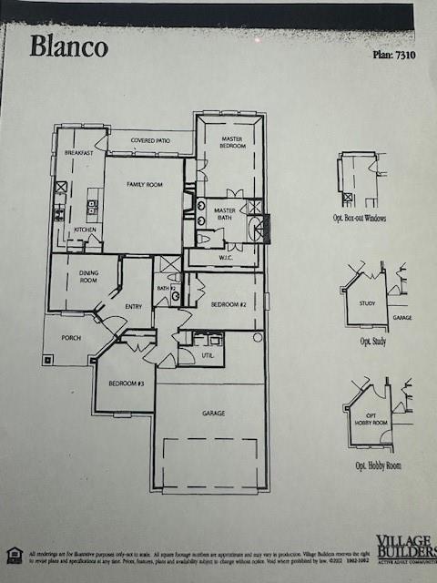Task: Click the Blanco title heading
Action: (68, 46)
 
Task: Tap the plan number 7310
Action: (394, 56)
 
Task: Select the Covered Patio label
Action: (150, 141)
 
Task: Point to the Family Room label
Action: (144, 185)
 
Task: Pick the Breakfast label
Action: (79, 153)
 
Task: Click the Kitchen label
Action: (85, 230)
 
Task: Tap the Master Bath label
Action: (224, 214)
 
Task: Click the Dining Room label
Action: (87, 276)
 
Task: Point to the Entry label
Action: (134, 306)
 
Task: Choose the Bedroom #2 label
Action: (229, 303)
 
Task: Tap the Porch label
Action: (71, 338)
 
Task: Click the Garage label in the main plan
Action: (213, 414)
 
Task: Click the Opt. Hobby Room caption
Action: (378, 465)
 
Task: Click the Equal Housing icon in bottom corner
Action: (14, 553)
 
